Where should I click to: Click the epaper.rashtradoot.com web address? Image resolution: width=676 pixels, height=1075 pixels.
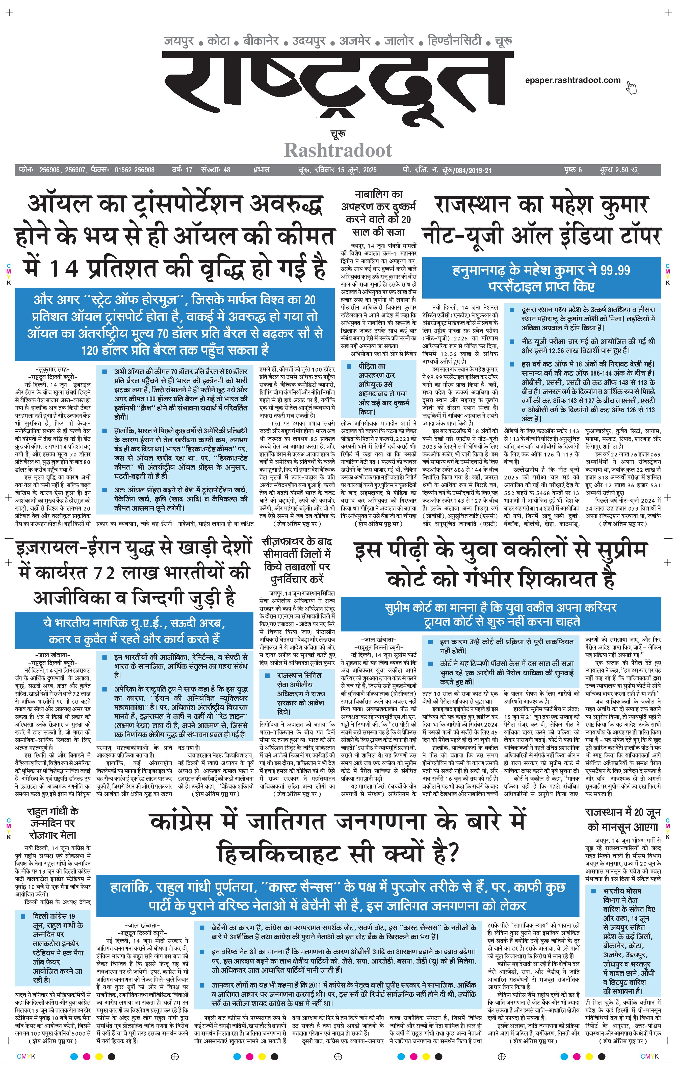pos(573,80)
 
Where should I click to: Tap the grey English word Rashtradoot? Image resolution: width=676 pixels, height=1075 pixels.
pos(338,150)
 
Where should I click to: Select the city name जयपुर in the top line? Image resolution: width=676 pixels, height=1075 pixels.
pos(179,41)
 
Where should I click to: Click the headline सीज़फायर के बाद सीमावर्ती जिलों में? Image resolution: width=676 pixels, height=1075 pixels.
pos(297,560)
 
